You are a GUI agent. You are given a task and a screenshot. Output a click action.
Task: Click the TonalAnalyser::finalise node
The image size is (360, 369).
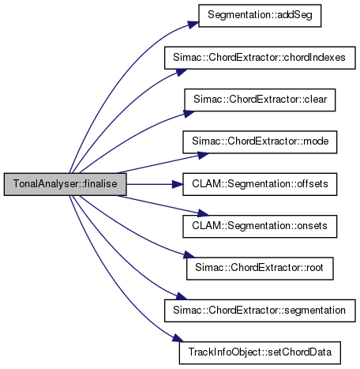click(x=66, y=184)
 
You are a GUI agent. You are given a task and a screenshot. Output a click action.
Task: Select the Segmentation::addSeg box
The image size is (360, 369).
click(x=260, y=16)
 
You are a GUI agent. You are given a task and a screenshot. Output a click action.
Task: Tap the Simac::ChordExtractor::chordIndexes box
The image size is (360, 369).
click(x=260, y=58)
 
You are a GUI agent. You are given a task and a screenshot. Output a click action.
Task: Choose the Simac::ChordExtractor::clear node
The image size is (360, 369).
click(x=260, y=100)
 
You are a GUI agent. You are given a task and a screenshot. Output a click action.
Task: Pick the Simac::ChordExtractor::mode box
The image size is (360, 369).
click(x=260, y=142)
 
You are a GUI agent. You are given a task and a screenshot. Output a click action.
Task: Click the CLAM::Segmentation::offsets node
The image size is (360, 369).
click(x=260, y=184)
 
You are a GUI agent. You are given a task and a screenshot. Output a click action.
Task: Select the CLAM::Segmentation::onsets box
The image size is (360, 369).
click(x=260, y=226)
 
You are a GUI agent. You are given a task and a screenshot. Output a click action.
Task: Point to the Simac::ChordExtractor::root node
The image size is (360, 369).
click(x=260, y=269)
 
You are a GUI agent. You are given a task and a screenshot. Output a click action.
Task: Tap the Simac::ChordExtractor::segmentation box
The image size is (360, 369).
click(x=260, y=311)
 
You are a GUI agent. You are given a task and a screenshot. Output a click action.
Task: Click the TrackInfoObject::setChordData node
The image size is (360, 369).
click(x=260, y=352)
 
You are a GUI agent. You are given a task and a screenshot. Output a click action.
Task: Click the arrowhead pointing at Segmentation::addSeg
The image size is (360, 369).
click(x=193, y=24)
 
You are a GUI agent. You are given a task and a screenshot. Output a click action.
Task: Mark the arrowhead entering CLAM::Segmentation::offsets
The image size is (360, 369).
click(x=178, y=184)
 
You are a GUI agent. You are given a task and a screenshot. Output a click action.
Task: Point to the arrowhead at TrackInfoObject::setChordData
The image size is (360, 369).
click(x=178, y=338)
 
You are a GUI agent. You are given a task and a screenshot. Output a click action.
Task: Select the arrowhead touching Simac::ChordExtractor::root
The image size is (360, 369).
click(x=189, y=254)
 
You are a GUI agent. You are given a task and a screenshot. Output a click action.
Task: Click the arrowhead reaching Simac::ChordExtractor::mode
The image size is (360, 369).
click(x=203, y=155)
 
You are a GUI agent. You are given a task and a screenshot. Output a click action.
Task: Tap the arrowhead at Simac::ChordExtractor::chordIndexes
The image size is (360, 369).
click(x=182, y=72)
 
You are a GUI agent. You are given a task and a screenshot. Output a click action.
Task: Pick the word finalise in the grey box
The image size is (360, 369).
click(x=100, y=183)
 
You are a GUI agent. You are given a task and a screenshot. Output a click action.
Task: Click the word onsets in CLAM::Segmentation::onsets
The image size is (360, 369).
click(x=312, y=226)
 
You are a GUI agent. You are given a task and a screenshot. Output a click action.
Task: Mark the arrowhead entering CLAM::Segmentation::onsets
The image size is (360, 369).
click(x=203, y=213)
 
